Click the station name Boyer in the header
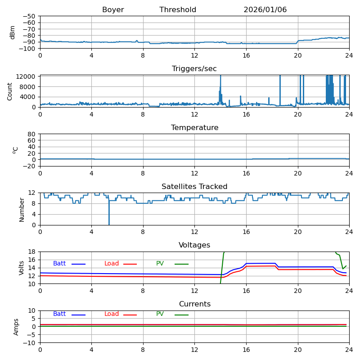coord(113,10)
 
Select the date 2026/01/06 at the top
coord(265,10)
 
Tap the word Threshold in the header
coord(178,10)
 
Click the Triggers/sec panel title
coord(194,69)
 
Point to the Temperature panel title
coord(194,128)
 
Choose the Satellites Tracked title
coord(194,187)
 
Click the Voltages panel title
coord(194,245)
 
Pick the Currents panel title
coord(194,304)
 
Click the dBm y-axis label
coord(13,32)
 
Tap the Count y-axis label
coord(10,91)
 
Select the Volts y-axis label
coord(22,268)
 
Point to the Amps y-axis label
coord(16,327)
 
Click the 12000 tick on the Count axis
coord(27,76)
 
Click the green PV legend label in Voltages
coord(160,264)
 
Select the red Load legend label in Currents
coord(112,314)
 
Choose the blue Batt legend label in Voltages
coord(59,264)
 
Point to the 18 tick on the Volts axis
coord(32,252)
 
